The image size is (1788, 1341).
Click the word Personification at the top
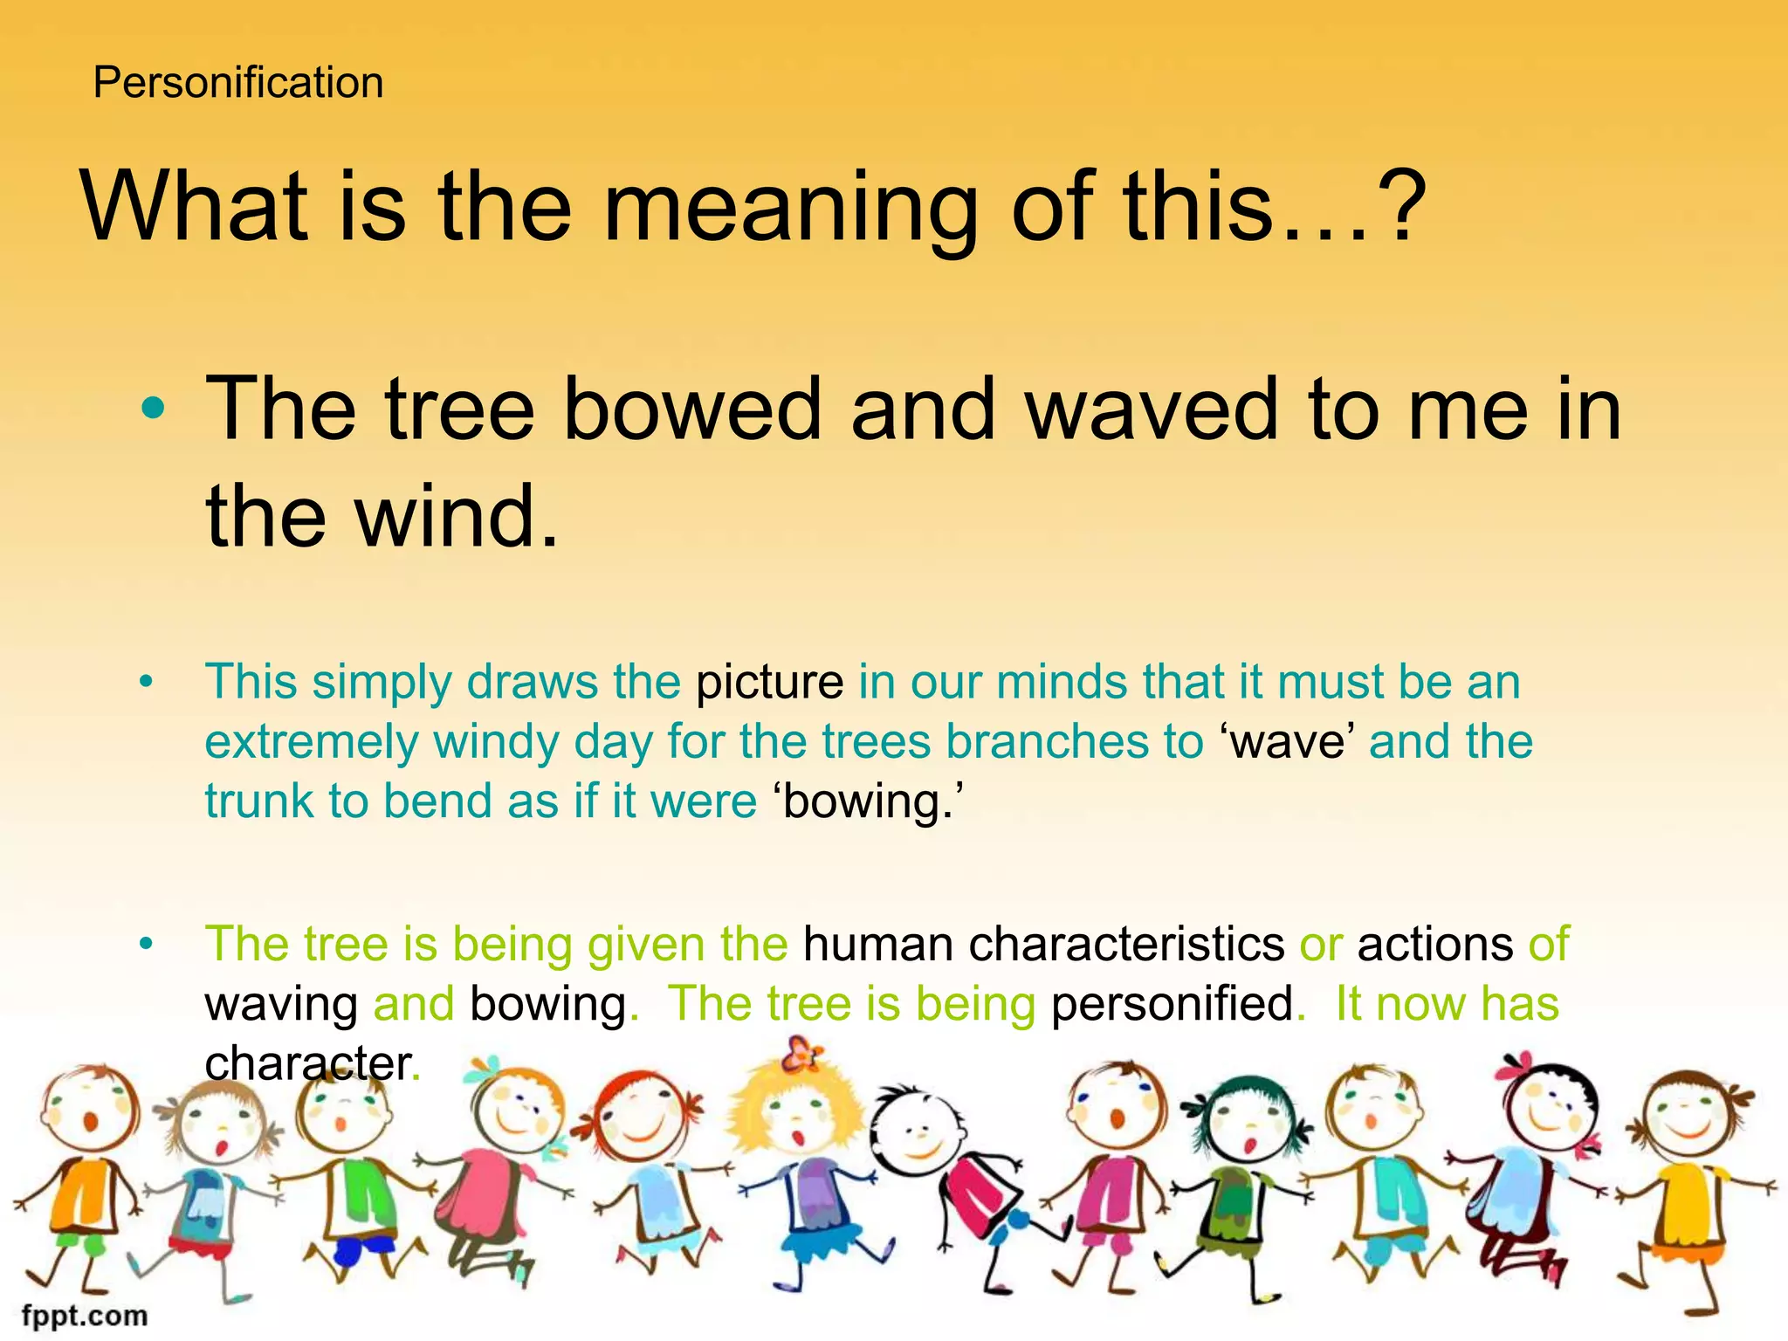tap(238, 83)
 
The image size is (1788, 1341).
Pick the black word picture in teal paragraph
tap(769, 682)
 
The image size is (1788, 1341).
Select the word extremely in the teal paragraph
tap(311, 742)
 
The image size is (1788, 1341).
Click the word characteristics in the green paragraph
tap(1126, 945)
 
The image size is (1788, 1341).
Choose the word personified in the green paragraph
tap(1172, 1004)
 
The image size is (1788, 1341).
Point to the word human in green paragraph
tap(877, 945)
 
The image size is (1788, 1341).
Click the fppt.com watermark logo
tap(85, 1315)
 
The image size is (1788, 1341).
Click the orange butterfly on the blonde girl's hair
tap(801, 1055)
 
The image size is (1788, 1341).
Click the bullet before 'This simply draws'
tap(146, 682)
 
